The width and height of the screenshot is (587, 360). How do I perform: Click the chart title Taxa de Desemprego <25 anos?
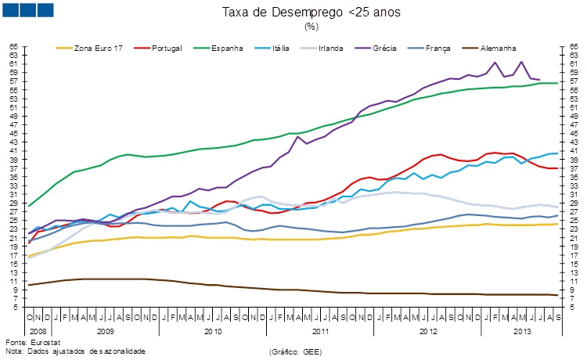311,13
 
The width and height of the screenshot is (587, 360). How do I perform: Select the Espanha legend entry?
228,49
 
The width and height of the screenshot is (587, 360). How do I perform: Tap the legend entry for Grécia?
398,49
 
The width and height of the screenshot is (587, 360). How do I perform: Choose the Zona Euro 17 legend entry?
99,49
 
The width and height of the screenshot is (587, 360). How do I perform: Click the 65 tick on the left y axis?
13,47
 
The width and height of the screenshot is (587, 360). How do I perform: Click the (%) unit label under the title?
311,26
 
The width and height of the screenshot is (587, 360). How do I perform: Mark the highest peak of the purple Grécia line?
521,62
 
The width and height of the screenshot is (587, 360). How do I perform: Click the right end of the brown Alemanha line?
556,295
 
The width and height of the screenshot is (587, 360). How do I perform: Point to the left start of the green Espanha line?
29,206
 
